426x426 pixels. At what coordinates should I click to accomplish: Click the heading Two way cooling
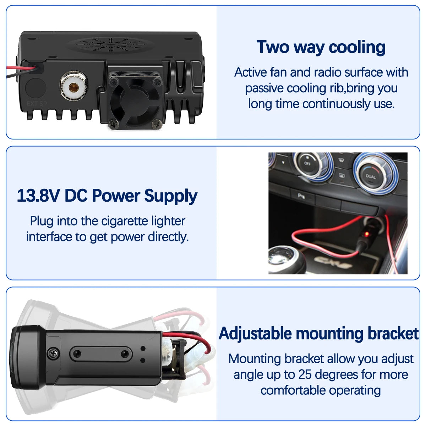pos(321,47)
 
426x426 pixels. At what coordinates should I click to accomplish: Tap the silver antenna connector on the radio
pos(74,86)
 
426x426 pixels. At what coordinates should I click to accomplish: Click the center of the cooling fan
pos(135,101)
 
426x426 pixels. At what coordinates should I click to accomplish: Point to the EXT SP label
pos(37,104)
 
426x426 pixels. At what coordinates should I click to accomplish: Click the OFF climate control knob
pos(307,164)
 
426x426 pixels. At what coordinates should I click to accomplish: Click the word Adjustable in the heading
pos(255,334)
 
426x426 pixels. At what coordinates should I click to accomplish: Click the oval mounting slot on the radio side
pos(101,354)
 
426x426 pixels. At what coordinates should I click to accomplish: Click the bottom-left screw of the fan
pos(114,124)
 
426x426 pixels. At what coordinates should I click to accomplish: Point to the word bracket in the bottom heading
pos(393,334)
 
